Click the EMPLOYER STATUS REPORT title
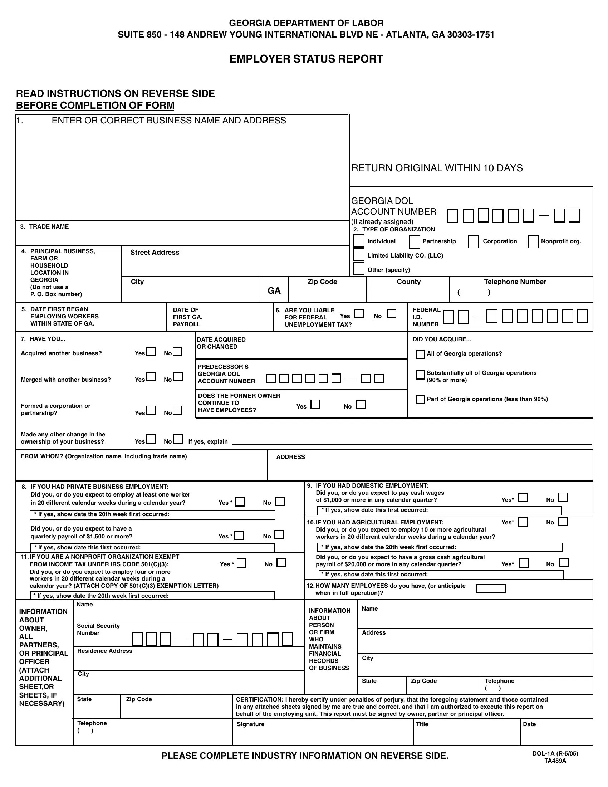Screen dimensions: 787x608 (306, 59)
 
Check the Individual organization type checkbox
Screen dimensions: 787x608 (359, 241)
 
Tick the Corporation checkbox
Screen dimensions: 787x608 (473, 242)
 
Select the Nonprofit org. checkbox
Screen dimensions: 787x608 (533, 242)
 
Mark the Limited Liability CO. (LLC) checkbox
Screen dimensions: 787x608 (359, 255)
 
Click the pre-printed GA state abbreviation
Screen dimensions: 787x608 (274, 291)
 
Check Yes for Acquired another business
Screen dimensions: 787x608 (151, 352)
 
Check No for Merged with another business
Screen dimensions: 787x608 (178, 377)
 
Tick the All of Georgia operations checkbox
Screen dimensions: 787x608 (420, 355)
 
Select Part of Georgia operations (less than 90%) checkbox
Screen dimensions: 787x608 (420, 399)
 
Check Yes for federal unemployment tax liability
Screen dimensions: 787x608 (359, 314)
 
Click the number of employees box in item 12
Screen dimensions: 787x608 (490, 588)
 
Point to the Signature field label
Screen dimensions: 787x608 (250, 724)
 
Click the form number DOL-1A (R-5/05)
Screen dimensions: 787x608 (555, 754)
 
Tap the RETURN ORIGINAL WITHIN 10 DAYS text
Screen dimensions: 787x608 (437, 168)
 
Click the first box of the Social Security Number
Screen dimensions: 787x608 (137, 640)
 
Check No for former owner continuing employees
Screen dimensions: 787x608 (361, 405)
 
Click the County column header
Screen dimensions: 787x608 (408, 282)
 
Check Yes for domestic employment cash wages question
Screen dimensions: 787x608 (523, 498)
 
